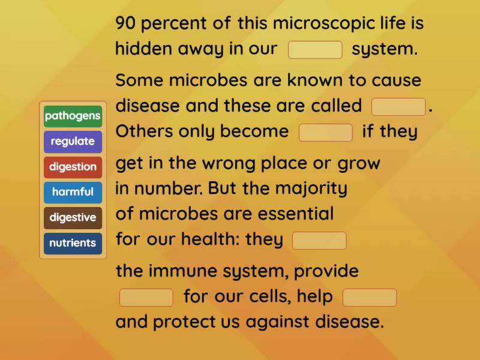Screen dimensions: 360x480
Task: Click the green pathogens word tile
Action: pyautogui.click(x=73, y=116)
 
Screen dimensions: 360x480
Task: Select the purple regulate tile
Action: pyautogui.click(x=73, y=142)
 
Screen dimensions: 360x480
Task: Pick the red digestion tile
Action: pyautogui.click(x=73, y=167)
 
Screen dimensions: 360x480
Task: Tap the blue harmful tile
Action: pyautogui.click(x=73, y=192)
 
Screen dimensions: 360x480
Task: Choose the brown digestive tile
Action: pyautogui.click(x=73, y=218)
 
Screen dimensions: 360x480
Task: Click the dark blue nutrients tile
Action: pyautogui.click(x=73, y=243)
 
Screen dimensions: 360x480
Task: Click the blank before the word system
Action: pyautogui.click(x=315, y=50)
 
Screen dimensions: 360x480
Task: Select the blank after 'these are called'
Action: pyautogui.click(x=398, y=107)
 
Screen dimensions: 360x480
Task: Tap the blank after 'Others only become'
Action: pyautogui.click(x=325, y=132)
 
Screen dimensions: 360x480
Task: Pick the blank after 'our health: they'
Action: pyautogui.click(x=319, y=240)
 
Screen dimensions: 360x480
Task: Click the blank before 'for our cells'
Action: pyautogui.click(x=146, y=297)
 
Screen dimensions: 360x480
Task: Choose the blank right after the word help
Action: pyautogui.click(x=370, y=297)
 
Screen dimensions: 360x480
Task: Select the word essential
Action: pyautogui.click(x=298, y=214)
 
